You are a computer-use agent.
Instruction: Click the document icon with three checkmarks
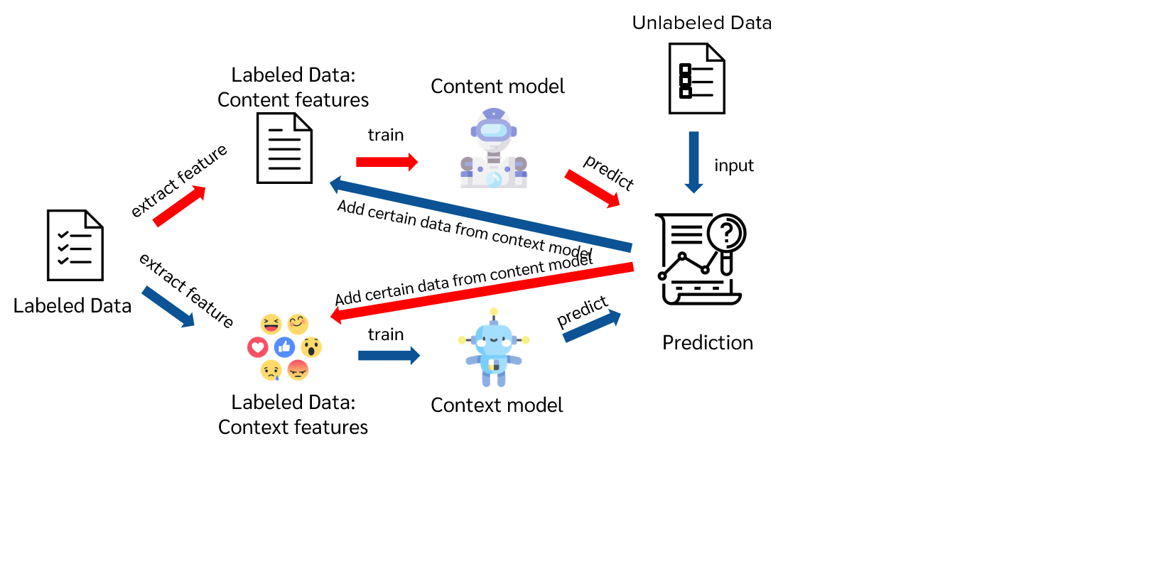tap(75, 246)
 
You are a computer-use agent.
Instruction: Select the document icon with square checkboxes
tap(696, 79)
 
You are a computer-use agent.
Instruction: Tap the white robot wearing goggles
tap(494, 149)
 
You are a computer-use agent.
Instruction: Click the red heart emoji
tap(257, 347)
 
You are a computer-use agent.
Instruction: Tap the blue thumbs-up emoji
tap(284, 347)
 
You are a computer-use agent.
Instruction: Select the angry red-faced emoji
tap(298, 369)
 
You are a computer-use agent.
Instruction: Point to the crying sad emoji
tap(271, 370)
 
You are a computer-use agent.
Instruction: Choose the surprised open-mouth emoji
tap(311, 347)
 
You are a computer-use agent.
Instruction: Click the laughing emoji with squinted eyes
tap(271, 325)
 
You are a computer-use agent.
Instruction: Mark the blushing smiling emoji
tap(298, 324)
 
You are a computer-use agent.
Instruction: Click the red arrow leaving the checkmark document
tap(179, 206)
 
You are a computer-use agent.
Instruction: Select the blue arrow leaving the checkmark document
tap(168, 307)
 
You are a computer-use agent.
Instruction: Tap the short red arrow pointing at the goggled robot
tap(387, 162)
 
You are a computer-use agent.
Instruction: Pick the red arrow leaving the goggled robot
tap(593, 189)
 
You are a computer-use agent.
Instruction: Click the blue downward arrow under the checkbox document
tap(693, 162)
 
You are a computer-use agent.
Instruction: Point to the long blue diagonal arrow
tap(480, 215)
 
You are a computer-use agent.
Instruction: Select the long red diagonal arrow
tap(482, 291)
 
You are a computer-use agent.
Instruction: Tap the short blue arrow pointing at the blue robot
tap(389, 355)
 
